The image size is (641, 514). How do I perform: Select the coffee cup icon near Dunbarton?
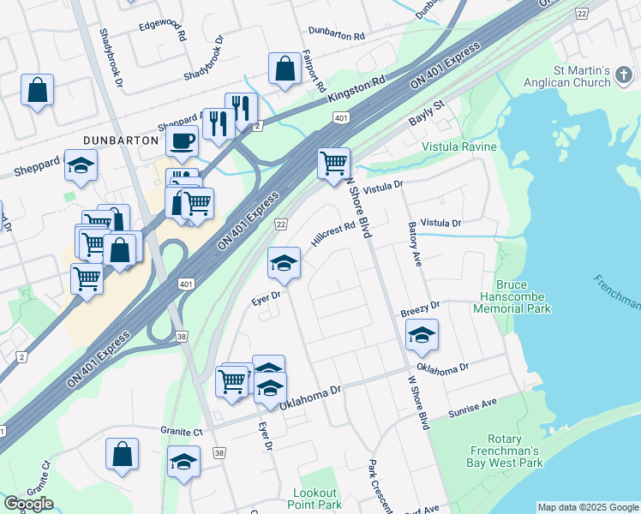(183, 140)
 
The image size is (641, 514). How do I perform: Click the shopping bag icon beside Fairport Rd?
(284, 71)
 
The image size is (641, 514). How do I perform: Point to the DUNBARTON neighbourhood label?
(121, 140)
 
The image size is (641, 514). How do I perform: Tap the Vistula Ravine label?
(459, 147)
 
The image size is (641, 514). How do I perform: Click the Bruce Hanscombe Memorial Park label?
(524, 296)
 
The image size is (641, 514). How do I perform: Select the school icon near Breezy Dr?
(422, 336)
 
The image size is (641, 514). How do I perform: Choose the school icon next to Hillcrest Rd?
(285, 264)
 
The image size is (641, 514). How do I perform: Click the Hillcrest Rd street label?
(332, 235)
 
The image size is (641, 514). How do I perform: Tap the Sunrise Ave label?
(472, 409)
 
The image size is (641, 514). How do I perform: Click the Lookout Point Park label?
(317, 499)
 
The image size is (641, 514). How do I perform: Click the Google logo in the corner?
(28, 504)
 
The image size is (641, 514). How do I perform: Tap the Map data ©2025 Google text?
(588, 507)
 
